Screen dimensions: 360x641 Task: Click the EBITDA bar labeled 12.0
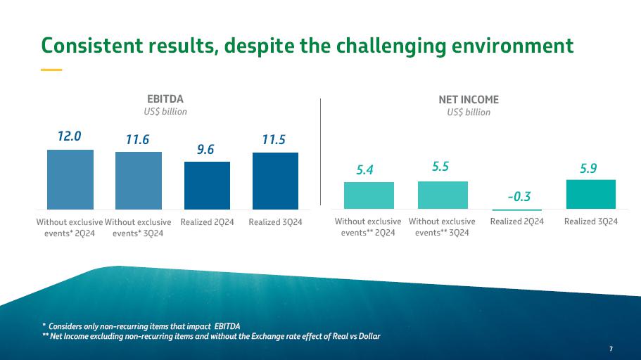point(70,179)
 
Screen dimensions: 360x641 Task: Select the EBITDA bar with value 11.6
point(139,181)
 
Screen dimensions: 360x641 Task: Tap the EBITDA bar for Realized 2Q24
point(207,186)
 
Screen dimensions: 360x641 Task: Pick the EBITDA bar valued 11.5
point(275,181)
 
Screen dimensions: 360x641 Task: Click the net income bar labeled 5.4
point(369,195)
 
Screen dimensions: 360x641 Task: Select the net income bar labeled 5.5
point(443,195)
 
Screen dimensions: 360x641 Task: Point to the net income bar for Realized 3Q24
point(591,194)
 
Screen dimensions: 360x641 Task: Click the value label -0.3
point(519,197)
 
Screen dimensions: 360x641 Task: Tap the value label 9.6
point(205,149)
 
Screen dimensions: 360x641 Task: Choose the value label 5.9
point(590,168)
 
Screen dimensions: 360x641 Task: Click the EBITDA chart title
point(160,99)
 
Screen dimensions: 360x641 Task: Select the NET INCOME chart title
point(469,100)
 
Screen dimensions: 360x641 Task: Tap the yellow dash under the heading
point(51,70)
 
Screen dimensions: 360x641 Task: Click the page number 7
point(611,349)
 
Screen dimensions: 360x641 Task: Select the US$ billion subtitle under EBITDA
point(160,111)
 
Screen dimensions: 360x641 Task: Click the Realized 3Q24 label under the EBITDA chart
point(275,222)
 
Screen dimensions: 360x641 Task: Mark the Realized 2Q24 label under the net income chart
point(517,221)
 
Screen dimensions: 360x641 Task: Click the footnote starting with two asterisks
point(211,336)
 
